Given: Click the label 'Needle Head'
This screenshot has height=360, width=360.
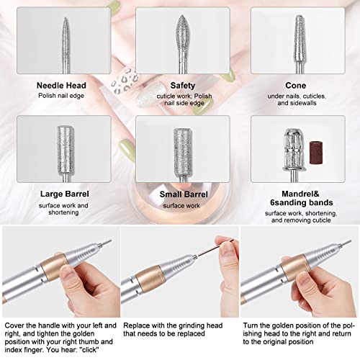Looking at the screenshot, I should click(x=61, y=84).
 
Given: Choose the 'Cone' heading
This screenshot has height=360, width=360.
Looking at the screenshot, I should click(x=298, y=84).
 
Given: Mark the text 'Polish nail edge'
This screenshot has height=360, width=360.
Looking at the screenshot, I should click(x=61, y=95).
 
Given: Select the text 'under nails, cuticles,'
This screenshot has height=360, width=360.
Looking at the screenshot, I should click(x=298, y=95).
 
